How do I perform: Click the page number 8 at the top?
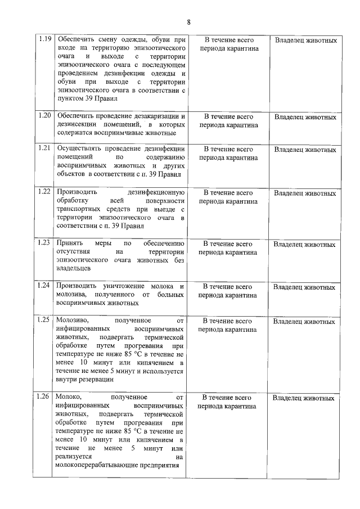click(x=188, y=22)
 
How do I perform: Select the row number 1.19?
click(x=44, y=39)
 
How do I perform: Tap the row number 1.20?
click(x=44, y=115)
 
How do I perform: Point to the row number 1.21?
click(x=44, y=148)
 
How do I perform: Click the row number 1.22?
click(x=44, y=192)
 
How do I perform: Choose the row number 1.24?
click(x=44, y=286)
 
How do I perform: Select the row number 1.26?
click(x=44, y=397)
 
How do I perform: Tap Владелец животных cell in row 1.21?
click(x=305, y=150)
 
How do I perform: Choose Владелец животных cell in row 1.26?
click(x=304, y=398)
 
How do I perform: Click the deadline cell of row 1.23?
click(x=228, y=248)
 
